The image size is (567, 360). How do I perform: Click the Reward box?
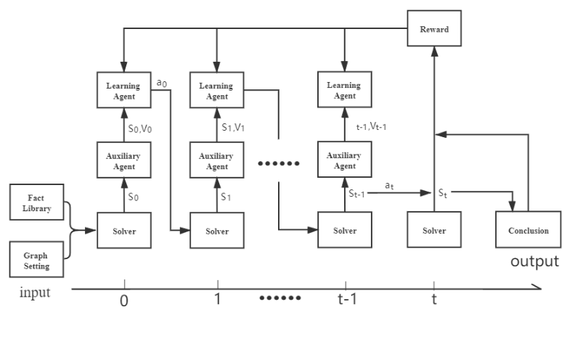click(x=433, y=29)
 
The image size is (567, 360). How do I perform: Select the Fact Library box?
click(x=36, y=202)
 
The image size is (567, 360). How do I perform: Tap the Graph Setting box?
click(x=36, y=260)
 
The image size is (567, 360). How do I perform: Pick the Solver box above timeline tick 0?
click(x=123, y=231)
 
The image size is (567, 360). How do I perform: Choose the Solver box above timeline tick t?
click(x=433, y=231)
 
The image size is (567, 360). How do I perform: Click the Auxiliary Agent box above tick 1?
click(x=216, y=161)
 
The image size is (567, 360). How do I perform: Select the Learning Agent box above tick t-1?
click(x=345, y=91)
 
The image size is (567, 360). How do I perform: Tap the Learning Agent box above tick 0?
click(x=123, y=91)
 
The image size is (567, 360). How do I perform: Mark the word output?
click(x=535, y=261)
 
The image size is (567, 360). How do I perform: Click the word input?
click(x=35, y=293)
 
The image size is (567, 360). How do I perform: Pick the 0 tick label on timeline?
click(x=123, y=300)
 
